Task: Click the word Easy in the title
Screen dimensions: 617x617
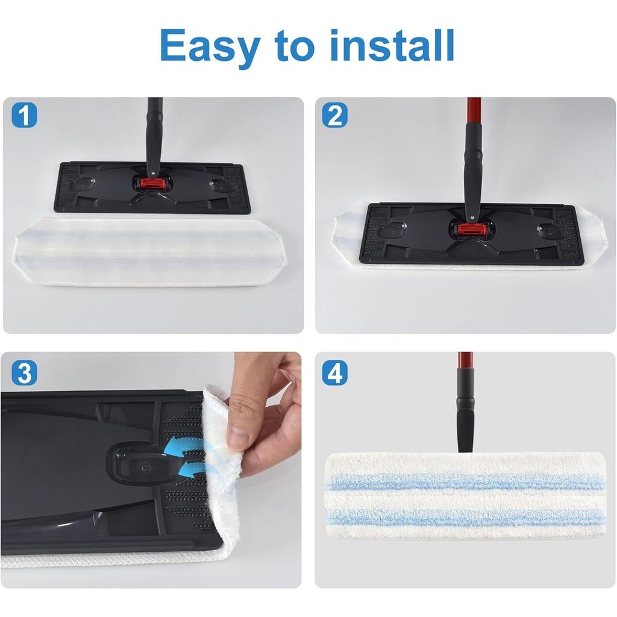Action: [x=211, y=45]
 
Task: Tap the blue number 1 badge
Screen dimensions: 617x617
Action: [x=24, y=114]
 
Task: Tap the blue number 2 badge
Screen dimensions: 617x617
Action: [x=334, y=114]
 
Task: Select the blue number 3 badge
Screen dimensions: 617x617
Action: [x=24, y=373]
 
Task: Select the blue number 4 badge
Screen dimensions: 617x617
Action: [x=334, y=373]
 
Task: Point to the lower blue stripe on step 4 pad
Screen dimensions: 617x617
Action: [x=464, y=516]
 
